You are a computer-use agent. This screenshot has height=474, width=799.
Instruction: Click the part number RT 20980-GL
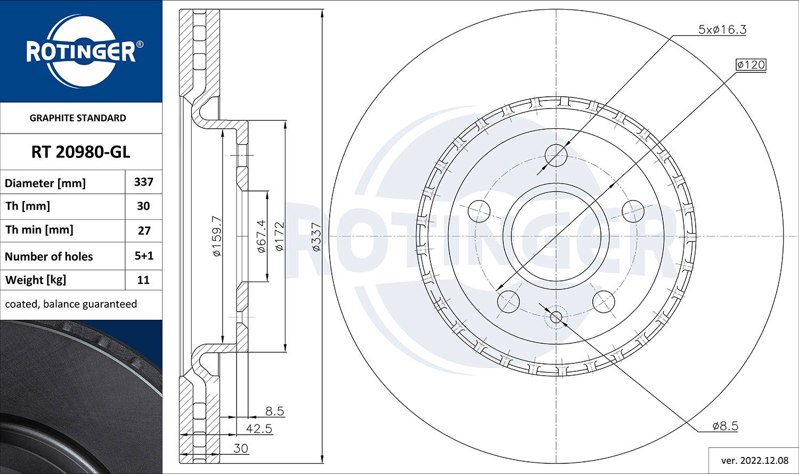click(80, 152)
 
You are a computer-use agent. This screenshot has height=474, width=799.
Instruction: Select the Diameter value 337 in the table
click(144, 182)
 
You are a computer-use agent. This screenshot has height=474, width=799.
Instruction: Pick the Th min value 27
click(144, 231)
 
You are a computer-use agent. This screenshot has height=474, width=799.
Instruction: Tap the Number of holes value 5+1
click(144, 256)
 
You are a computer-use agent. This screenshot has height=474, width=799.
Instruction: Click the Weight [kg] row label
click(35, 280)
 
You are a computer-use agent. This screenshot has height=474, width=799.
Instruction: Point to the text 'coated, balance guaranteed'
click(71, 304)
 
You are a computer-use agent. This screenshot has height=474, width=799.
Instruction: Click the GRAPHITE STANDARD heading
click(78, 118)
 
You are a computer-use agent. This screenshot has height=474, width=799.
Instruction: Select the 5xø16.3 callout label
click(722, 30)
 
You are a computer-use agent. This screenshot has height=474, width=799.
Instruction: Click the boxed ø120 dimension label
click(751, 65)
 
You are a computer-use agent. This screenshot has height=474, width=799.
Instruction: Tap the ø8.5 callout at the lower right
click(725, 426)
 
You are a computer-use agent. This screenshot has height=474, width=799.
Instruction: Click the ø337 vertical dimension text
click(316, 237)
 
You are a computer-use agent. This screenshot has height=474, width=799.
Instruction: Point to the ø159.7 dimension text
click(217, 236)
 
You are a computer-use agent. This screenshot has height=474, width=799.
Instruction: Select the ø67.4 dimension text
click(261, 236)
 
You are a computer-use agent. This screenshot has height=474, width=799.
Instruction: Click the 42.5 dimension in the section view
click(259, 429)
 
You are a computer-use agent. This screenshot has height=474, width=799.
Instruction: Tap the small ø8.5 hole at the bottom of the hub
click(556, 317)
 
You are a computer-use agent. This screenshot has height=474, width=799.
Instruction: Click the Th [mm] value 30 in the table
click(144, 206)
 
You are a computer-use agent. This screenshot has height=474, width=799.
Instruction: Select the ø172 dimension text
click(279, 236)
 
